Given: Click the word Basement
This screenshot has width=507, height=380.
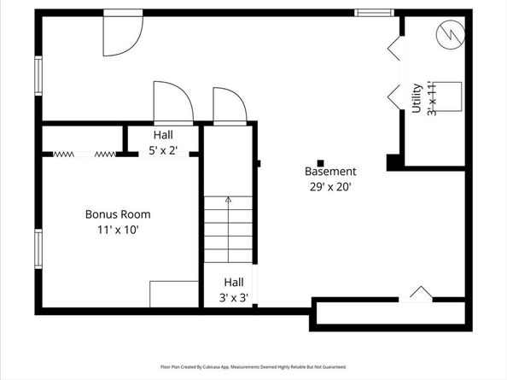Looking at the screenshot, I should (330, 172).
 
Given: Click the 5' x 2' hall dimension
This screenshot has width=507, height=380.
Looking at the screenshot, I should (163, 149).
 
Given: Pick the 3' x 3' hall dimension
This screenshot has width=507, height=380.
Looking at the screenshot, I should (234, 297).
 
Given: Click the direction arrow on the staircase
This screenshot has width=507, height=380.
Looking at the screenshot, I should (228, 202).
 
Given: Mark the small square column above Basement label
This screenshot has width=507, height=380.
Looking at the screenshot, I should (321, 162).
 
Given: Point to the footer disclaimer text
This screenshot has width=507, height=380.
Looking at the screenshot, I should (253, 365).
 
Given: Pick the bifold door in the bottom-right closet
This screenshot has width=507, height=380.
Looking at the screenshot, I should (421, 294).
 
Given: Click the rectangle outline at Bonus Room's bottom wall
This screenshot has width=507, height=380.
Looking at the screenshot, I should (174, 293).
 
